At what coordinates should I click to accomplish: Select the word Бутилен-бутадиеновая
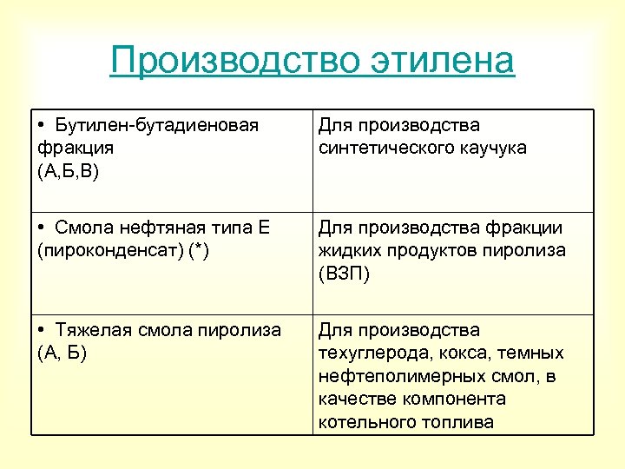(156, 126)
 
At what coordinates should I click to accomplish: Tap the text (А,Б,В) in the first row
(69, 170)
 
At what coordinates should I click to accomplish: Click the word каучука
(494, 148)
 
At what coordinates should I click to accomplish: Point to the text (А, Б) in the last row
(62, 353)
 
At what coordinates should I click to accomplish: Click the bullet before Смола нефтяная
(43, 228)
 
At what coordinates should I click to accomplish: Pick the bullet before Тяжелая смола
(43, 331)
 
